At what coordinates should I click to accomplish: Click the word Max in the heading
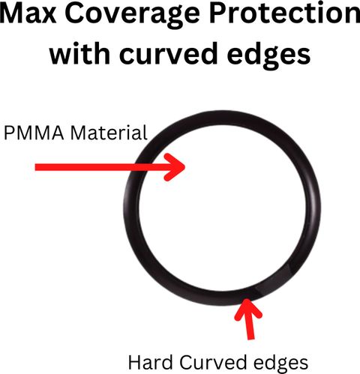pyautogui.click(x=28, y=13)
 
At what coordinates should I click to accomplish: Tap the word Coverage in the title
pyautogui.click(x=133, y=16)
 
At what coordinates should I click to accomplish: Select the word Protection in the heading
pyautogui.click(x=284, y=13)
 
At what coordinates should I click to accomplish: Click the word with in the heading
pyautogui.click(x=79, y=53)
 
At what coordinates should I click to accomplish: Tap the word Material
pyautogui.click(x=109, y=133)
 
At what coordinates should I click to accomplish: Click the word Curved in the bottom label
pyautogui.click(x=213, y=362)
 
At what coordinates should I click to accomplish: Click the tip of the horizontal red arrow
pyautogui.click(x=185, y=167)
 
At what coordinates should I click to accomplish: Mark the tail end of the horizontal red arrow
pyautogui.click(x=35, y=167)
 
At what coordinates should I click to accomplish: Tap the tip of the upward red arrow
pyautogui.click(x=247, y=299)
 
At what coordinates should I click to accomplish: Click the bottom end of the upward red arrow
pyautogui.click(x=251, y=339)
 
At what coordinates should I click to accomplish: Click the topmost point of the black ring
pyautogui.click(x=223, y=110)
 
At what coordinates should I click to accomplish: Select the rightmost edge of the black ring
pyautogui.click(x=320, y=208)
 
